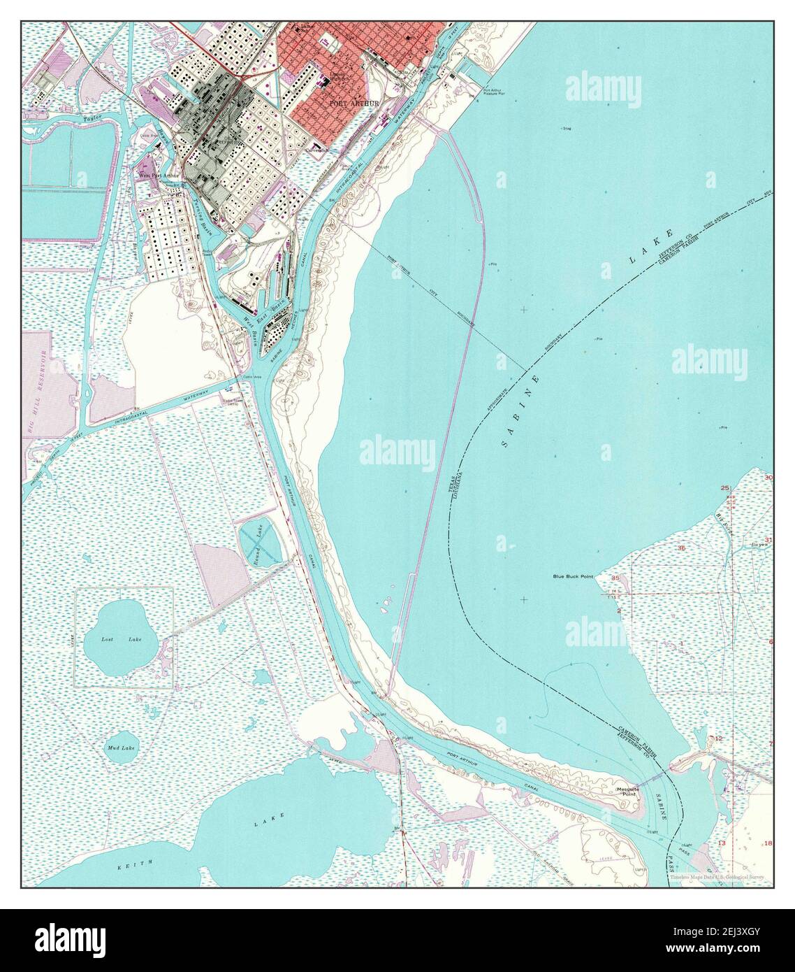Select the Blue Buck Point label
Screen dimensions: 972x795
pyautogui.click(x=572, y=577)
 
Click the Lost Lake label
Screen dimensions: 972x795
pyautogui.click(x=117, y=640)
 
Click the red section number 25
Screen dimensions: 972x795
pyautogui.click(x=725, y=487)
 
